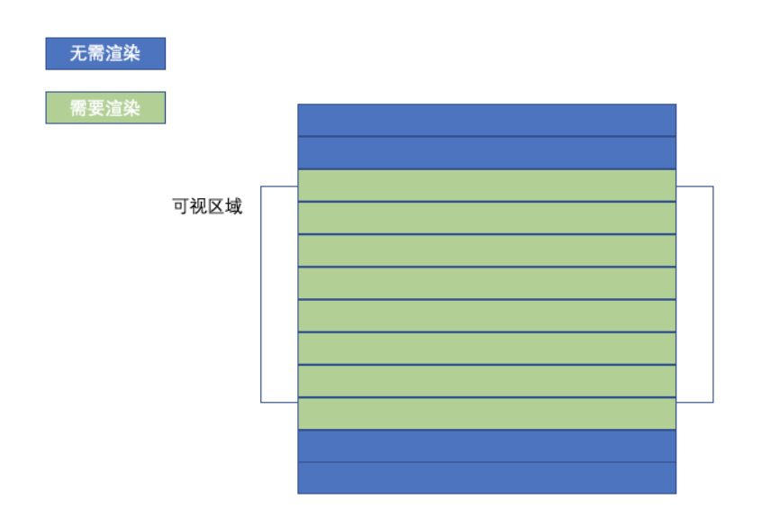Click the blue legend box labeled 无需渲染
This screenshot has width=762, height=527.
pyautogui.click(x=105, y=53)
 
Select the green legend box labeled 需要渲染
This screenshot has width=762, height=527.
pyautogui.click(x=105, y=108)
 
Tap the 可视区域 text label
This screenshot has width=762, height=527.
pyautogui.click(x=207, y=205)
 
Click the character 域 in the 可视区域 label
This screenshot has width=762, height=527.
pyautogui.click(x=234, y=205)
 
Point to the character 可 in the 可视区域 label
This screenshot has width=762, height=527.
pyautogui.click(x=180, y=205)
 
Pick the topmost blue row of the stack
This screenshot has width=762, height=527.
pyautogui.click(x=486, y=120)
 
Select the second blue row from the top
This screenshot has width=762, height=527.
pyautogui.click(x=486, y=152)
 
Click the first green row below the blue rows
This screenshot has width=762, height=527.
pyautogui.click(x=486, y=185)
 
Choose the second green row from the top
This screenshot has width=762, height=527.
pyautogui.click(x=486, y=217)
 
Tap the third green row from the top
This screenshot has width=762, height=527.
pyautogui.click(x=486, y=250)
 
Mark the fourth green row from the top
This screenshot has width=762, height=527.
pyautogui.click(x=486, y=282)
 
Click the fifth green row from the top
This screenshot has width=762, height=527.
pyautogui.click(x=486, y=315)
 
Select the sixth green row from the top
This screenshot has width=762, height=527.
pyautogui.click(x=486, y=348)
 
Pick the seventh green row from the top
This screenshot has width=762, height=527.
pyautogui.click(x=486, y=380)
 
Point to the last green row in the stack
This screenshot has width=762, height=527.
pyautogui.click(x=486, y=413)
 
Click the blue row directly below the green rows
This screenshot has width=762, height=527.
pyautogui.click(x=486, y=445)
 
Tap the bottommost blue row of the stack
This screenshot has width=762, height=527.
pyautogui.click(x=486, y=477)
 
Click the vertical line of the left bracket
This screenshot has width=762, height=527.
pyautogui.click(x=261, y=294)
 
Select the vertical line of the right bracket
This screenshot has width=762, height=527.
pyautogui.click(x=712, y=294)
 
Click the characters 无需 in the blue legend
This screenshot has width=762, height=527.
pyautogui.click(x=87, y=53)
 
